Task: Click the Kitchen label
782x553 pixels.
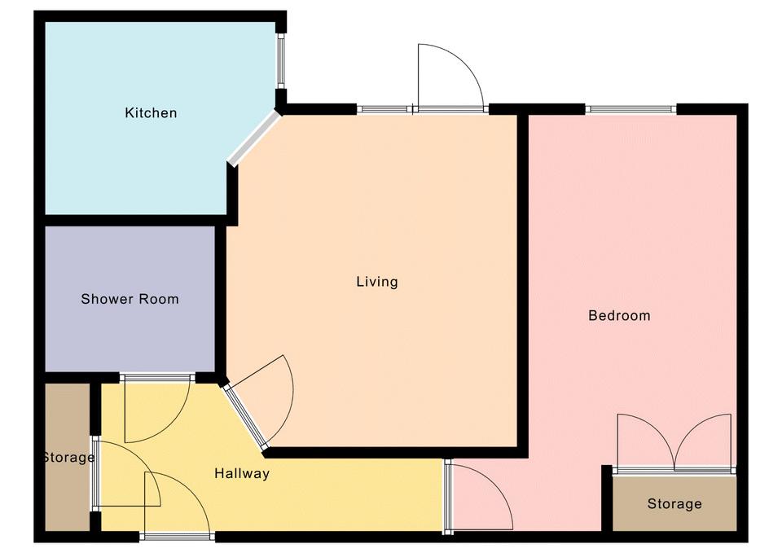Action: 151,112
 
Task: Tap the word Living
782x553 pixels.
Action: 377,282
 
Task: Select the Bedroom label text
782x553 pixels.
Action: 619,315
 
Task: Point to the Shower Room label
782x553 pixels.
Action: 130,299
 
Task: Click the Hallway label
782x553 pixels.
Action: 242,473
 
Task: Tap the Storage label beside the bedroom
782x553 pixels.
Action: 674,503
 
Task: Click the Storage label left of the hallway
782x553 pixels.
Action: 68,457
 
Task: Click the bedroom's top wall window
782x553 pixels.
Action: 630,108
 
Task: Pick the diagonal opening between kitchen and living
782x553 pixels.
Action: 254,138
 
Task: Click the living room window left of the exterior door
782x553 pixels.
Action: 384,108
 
